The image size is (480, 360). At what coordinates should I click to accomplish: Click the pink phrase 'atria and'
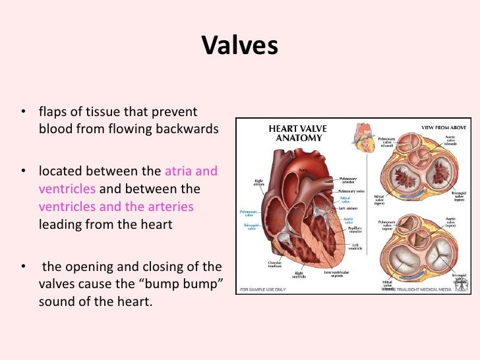[191, 171]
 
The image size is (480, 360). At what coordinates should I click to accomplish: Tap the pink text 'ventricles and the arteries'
[116, 207]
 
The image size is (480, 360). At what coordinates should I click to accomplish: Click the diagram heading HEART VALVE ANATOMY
[294, 133]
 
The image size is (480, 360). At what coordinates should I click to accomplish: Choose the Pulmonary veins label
[352, 190]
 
